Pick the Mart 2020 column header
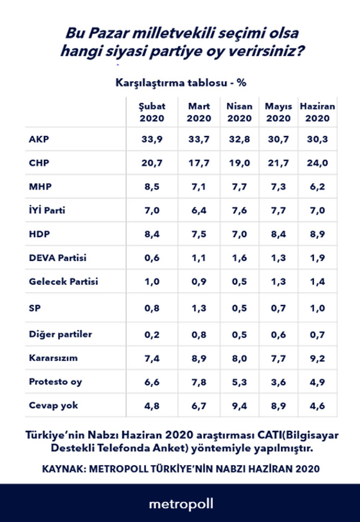[199, 112]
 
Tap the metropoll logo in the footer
[181, 504]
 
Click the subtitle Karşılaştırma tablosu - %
[181, 83]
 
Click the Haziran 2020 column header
[317, 112]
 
